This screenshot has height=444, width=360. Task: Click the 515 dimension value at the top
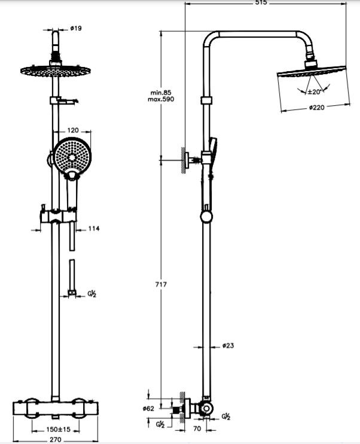tap(260, 3)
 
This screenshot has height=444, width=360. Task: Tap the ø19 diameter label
tap(76, 27)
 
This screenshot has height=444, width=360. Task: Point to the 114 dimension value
tap(94, 228)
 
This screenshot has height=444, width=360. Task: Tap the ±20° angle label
tap(315, 91)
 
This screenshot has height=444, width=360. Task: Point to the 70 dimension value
tap(197, 428)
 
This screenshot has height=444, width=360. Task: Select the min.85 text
tap(161, 92)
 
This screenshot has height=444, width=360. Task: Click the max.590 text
tap(161, 99)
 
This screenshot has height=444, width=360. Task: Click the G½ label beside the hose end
tap(92, 293)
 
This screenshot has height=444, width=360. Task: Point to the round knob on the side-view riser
tap(206, 216)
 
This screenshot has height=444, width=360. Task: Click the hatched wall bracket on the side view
tap(182, 160)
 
